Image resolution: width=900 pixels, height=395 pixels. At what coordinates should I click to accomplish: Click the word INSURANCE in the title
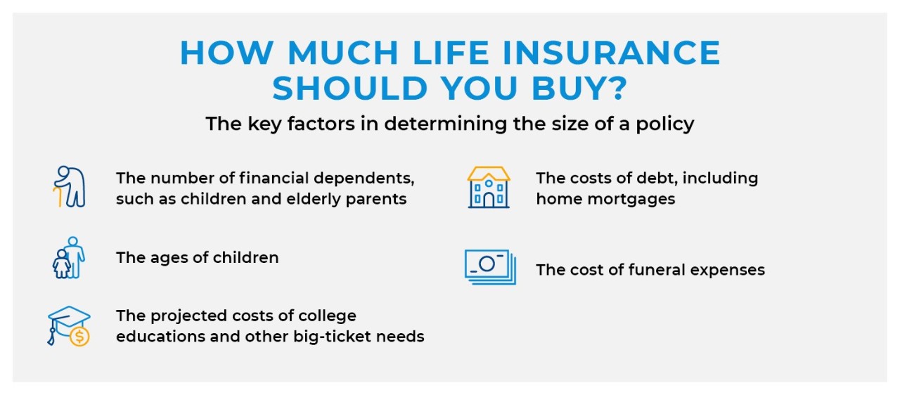[x=611, y=53]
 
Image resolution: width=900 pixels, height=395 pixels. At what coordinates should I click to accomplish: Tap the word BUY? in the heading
[x=579, y=88]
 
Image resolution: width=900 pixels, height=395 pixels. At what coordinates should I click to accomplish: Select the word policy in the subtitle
[x=664, y=124]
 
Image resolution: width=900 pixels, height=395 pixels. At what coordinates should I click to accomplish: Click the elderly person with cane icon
[x=70, y=187]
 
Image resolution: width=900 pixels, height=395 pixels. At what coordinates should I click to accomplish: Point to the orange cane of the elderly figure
[x=58, y=197]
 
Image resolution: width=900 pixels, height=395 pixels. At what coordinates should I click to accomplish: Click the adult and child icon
[x=69, y=258]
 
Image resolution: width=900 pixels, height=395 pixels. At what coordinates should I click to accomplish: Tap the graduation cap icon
[x=69, y=326]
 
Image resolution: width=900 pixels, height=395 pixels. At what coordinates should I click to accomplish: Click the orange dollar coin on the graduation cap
[x=79, y=336]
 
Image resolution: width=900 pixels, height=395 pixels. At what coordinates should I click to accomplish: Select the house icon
[x=489, y=188]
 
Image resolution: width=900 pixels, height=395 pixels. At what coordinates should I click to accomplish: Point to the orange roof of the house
[x=489, y=174]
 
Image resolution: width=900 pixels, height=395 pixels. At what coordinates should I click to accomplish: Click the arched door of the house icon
[x=489, y=200]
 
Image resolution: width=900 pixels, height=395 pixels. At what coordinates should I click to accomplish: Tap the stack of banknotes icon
[x=490, y=267]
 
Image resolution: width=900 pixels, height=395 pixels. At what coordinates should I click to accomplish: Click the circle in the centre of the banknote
[x=487, y=264]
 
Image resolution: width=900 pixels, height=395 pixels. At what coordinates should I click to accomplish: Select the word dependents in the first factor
[x=364, y=179]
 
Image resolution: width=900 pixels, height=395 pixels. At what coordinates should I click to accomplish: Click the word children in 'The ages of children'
[x=245, y=258]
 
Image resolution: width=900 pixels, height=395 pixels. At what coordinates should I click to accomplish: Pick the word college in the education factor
[x=327, y=316]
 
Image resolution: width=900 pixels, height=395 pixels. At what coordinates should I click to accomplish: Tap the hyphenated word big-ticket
[x=331, y=337]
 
